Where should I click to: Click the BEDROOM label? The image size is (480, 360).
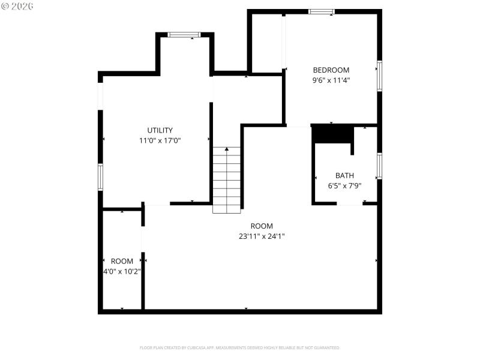coord(331,70)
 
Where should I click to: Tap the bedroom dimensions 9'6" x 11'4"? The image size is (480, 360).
coord(331,80)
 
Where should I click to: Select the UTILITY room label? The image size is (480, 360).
coord(160,130)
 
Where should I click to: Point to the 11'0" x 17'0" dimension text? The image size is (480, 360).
coord(160,140)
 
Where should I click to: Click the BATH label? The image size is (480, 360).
coord(344,176)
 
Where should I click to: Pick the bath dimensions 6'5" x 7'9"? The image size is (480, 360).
coord(344,186)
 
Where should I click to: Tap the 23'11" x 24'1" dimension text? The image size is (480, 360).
coord(262,236)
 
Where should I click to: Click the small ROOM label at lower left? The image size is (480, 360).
coord(122,261)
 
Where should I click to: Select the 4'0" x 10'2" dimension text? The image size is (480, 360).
coord(122,271)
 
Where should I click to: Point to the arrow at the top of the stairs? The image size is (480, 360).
coord(227,149)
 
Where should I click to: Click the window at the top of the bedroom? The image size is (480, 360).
coord(322,11)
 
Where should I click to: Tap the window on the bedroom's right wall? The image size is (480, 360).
coord(379,76)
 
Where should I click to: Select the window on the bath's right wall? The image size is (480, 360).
coord(379,166)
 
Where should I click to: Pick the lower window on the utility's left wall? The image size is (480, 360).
coord(100,177)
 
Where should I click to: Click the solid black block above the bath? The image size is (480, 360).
coord(332,134)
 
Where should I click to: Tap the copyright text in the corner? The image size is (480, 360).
coord(17,5)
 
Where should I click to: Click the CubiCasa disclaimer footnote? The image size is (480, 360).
coord(239,347)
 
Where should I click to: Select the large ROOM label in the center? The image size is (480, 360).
coord(262,226)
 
